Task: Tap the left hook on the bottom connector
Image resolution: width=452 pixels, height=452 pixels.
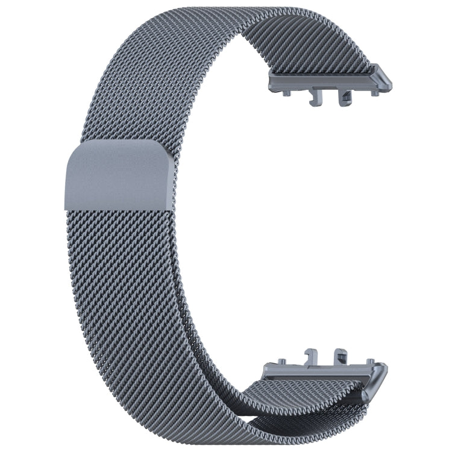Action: pyautogui.click(x=312, y=355)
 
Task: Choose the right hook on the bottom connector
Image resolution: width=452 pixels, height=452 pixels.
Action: pyautogui.click(x=341, y=355)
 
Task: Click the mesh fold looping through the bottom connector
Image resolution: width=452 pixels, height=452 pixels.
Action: pyautogui.click(x=337, y=401)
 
